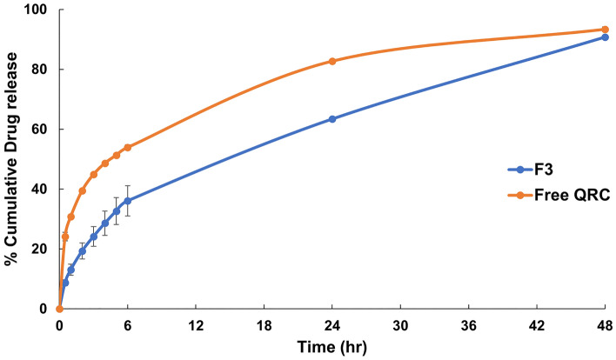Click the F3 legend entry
click(x=539, y=170)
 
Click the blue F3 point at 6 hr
click(x=128, y=201)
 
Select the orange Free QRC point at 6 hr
click(x=128, y=148)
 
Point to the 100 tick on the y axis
click(x=37, y=10)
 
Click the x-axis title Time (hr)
click(x=332, y=347)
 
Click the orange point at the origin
click(x=59, y=309)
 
